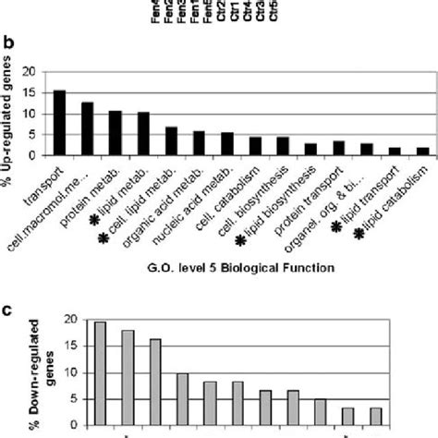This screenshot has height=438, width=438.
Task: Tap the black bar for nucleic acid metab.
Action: [x=227, y=144]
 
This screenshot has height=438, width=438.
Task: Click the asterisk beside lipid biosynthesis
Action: [x=240, y=240]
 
